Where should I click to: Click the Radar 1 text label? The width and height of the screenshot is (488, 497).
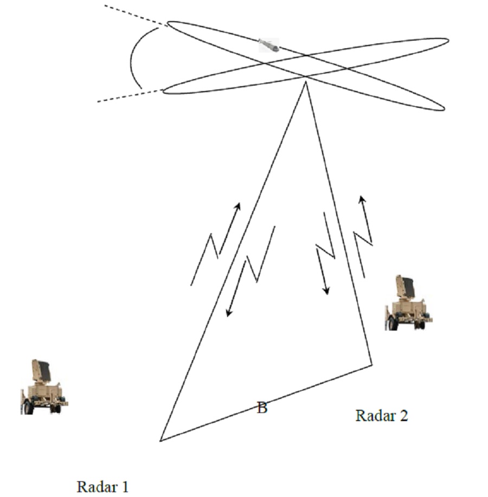click(x=102, y=487)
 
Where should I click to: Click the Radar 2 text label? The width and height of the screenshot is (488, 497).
click(x=382, y=415)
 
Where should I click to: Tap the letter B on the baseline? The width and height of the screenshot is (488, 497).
click(x=262, y=408)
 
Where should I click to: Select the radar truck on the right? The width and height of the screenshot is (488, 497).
click(x=409, y=303)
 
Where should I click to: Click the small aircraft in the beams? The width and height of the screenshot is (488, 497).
click(x=269, y=45)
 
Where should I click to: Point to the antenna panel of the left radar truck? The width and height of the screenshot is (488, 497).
click(x=42, y=370)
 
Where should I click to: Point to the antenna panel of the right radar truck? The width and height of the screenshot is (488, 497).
click(x=405, y=286)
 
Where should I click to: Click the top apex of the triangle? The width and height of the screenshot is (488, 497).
click(x=305, y=82)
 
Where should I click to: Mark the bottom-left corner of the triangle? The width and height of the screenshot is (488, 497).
click(x=160, y=441)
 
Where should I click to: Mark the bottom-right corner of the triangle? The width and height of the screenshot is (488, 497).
click(x=372, y=365)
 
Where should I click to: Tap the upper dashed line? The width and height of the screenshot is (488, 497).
click(x=136, y=15)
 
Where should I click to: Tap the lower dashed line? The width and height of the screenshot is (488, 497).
click(x=130, y=96)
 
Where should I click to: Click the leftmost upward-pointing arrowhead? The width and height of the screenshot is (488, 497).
click(x=237, y=206)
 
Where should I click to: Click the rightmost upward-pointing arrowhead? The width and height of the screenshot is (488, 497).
click(x=362, y=199)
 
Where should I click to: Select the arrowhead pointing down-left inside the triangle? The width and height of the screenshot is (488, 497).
click(x=229, y=313)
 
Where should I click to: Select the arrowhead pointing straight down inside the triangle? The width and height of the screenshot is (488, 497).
click(x=326, y=291)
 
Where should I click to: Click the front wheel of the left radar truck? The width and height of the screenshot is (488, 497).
click(x=28, y=408)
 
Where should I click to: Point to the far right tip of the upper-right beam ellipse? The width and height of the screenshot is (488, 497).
click(x=448, y=41)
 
